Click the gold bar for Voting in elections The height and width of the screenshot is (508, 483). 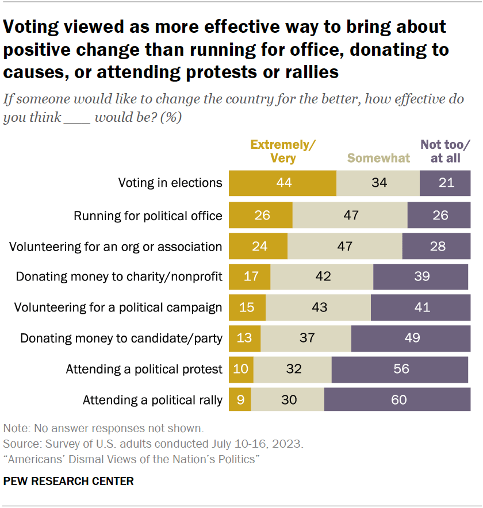pos(282,183)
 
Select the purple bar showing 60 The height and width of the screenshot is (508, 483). pos(397,399)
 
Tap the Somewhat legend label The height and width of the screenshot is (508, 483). pos(378,158)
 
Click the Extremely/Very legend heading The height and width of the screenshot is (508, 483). pos(283,151)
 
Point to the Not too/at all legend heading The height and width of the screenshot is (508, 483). pos(445,151)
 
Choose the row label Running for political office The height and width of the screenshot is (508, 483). pos(148,216)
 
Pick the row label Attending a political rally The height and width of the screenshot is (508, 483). pos(152,400)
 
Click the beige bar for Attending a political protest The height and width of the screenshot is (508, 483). pos(293,369)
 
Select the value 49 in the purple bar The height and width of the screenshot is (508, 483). pos(411,338)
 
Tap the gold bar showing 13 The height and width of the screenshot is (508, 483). pos(244,338)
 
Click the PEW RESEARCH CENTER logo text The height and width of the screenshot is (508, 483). pos(68,482)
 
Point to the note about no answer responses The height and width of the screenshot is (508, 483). pos(103,428)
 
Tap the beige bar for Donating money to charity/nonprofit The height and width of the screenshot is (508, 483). pos(322,276)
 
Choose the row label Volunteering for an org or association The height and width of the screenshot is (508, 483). pos(116,247)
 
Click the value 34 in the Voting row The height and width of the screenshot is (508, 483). pos(378,183)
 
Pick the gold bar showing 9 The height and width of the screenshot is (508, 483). pos(240,399)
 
